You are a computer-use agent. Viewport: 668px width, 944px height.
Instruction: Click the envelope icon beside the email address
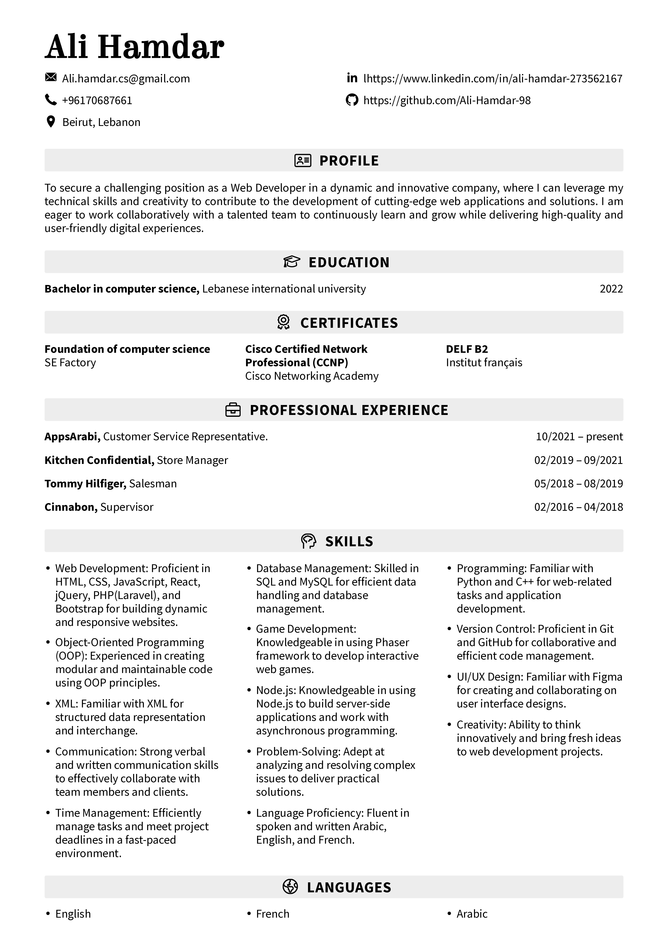point(51,77)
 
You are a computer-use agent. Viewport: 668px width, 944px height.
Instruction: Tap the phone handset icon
point(51,100)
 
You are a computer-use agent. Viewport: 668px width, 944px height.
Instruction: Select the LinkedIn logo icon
point(352,78)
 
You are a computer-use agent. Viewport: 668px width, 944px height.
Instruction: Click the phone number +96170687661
point(97,100)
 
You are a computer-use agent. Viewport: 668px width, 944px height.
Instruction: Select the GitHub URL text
point(447,100)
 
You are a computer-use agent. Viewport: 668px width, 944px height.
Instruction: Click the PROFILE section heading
point(349,161)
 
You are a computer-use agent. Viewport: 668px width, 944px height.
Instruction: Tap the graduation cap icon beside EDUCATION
point(292,262)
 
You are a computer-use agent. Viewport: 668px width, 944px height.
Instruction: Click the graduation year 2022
point(611,289)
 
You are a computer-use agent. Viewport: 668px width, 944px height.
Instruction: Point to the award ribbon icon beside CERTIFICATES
point(283,322)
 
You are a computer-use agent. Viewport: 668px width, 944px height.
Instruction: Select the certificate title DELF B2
point(467,349)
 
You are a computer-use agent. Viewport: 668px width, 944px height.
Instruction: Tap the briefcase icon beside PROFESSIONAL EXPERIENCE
point(233,410)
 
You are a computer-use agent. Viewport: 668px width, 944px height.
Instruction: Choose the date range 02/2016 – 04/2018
point(578,507)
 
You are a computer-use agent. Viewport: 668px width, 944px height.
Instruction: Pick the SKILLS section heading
point(349,541)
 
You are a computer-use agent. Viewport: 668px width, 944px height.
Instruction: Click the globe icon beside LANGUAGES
point(290,887)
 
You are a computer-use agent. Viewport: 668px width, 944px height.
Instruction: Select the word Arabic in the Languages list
point(472,914)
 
